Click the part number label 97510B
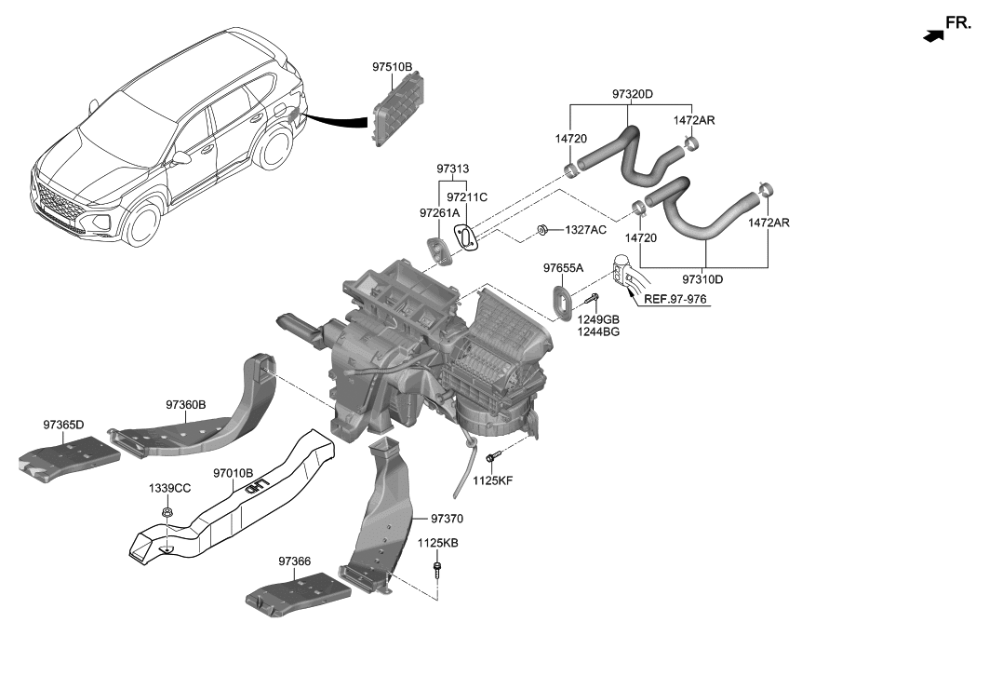(x=392, y=67)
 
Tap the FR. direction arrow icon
(x=931, y=34)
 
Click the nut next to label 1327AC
(x=542, y=229)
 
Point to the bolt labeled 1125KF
(x=492, y=457)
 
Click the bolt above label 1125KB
(x=436, y=567)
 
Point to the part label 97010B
(x=234, y=473)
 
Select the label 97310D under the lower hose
(x=702, y=278)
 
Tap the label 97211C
(x=466, y=197)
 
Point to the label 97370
(x=447, y=518)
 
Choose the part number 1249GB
(x=597, y=319)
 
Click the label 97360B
(x=186, y=405)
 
